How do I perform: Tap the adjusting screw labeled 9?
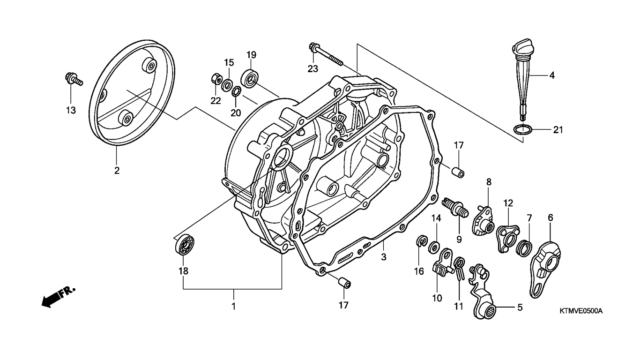coord(454,209)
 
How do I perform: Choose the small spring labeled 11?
coord(460,267)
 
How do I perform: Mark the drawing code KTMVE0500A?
coord(580,311)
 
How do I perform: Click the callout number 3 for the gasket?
coord(383,257)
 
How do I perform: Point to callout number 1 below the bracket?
coord(233,307)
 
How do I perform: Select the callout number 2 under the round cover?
coord(117,171)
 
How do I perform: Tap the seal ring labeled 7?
coord(524,247)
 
